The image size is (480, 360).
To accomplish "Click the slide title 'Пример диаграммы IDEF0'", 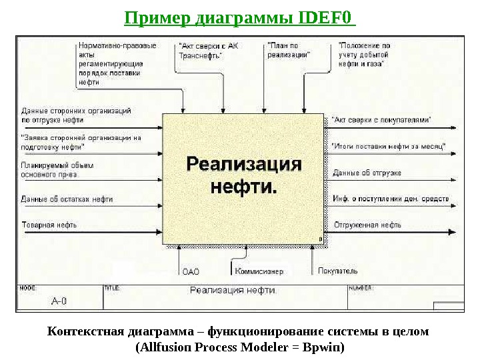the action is (240, 15).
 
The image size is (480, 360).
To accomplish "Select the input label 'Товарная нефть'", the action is (49, 225).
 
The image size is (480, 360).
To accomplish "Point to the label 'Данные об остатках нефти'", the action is (67, 199).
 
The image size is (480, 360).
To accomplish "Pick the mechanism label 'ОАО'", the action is (191, 271).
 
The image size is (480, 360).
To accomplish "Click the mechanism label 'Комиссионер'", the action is (259, 271).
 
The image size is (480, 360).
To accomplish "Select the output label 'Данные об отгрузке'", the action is (367, 173).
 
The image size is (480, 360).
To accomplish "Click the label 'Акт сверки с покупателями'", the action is (381, 120).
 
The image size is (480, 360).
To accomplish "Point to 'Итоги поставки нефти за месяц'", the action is (389, 145).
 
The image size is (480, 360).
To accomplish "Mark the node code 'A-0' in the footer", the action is (59, 301).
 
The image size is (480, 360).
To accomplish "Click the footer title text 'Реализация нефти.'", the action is (233, 290).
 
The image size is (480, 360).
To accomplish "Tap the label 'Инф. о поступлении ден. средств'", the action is (391, 199).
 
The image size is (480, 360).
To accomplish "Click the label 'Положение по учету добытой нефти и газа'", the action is (365, 55).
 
